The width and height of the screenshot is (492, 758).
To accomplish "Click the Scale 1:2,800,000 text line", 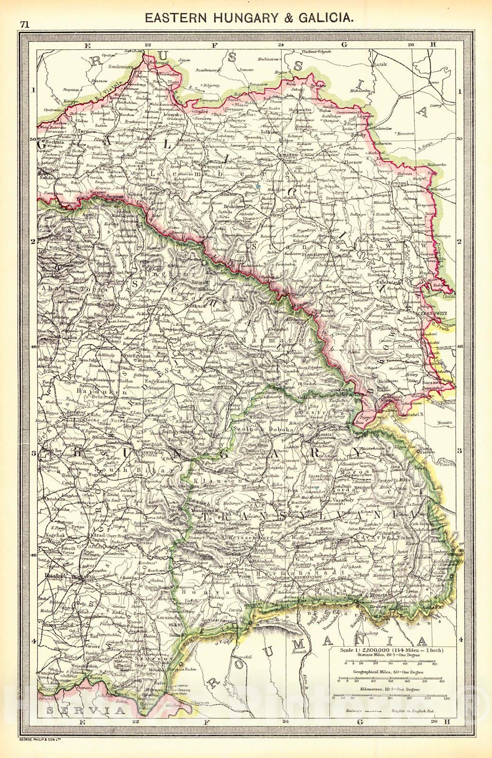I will click(394, 650).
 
